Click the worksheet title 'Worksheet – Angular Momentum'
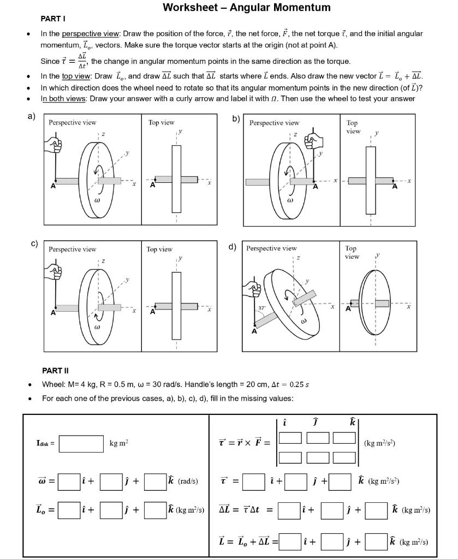pyautogui.click(x=246, y=8)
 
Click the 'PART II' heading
pyautogui.click(x=55, y=371)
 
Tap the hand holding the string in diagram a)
pyautogui.click(x=55, y=145)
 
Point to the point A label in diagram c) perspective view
pyautogui.click(x=53, y=313)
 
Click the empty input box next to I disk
pyautogui.click(x=81, y=444)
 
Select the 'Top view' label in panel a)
pyautogui.click(x=162, y=122)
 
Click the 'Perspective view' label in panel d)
pyautogui.click(x=271, y=248)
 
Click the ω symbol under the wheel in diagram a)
pyautogui.click(x=97, y=200)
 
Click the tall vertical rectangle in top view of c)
pyautogui.click(x=176, y=306)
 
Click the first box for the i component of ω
pyautogui.click(x=69, y=481)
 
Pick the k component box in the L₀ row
pyautogui.click(x=155, y=510)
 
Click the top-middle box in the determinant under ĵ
pyautogui.click(x=318, y=438)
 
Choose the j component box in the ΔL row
pyautogui.click(x=332, y=510)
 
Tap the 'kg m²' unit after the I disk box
pyautogui.click(x=119, y=444)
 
